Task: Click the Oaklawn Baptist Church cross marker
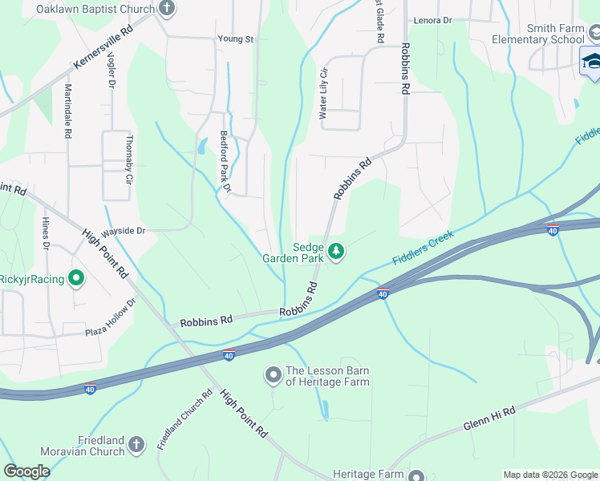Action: (x=167, y=10)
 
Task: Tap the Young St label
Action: (x=236, y=38)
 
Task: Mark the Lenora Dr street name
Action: (x=432, y=20)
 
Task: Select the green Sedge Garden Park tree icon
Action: (x=337, y=253)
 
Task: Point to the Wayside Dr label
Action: (x=122, y=231)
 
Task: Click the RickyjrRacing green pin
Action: (x=76, y=279)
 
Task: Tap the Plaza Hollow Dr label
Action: (x=111, y=317)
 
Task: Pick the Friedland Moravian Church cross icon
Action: (x=136, y=444)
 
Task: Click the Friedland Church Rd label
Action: (x=184, y=418)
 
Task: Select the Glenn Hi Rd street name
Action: (x=489, y=418)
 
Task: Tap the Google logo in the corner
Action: (x=26, y=471)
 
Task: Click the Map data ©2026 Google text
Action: (x=549, y=475)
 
